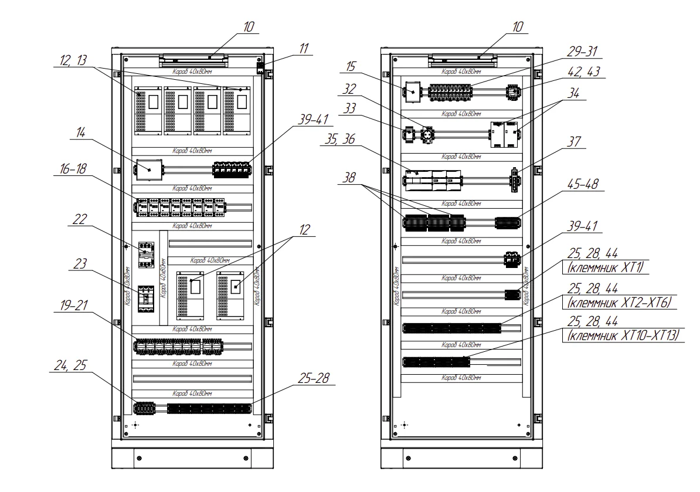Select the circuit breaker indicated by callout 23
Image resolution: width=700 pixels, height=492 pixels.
click(x=145, y=299)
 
